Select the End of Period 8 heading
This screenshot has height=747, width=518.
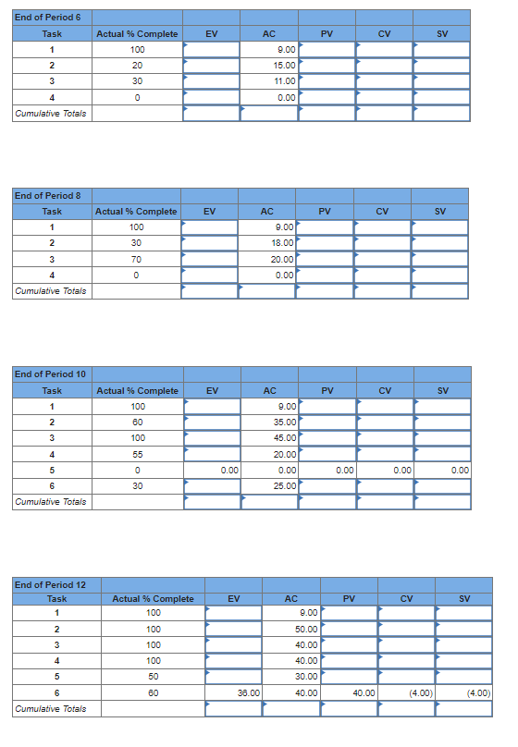48,195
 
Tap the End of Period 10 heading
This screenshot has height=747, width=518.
51,373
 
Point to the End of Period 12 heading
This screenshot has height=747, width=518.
51,584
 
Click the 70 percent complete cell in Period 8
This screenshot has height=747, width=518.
137,259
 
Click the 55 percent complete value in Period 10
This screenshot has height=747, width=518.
137,454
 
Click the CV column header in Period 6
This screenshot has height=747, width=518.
385,33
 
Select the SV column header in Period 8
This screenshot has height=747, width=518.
440,212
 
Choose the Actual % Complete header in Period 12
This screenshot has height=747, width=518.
153,599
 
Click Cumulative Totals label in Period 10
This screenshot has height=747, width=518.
52,502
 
